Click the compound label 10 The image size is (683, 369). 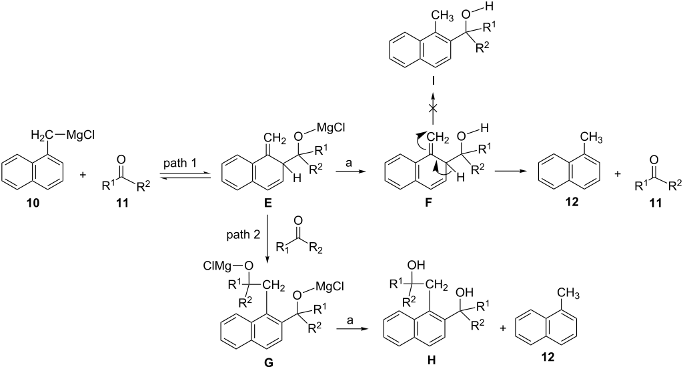click(33, 203)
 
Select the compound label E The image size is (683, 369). click(268, 203)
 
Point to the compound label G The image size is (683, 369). click(269, 362)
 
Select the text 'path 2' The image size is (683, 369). click(243, 236)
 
